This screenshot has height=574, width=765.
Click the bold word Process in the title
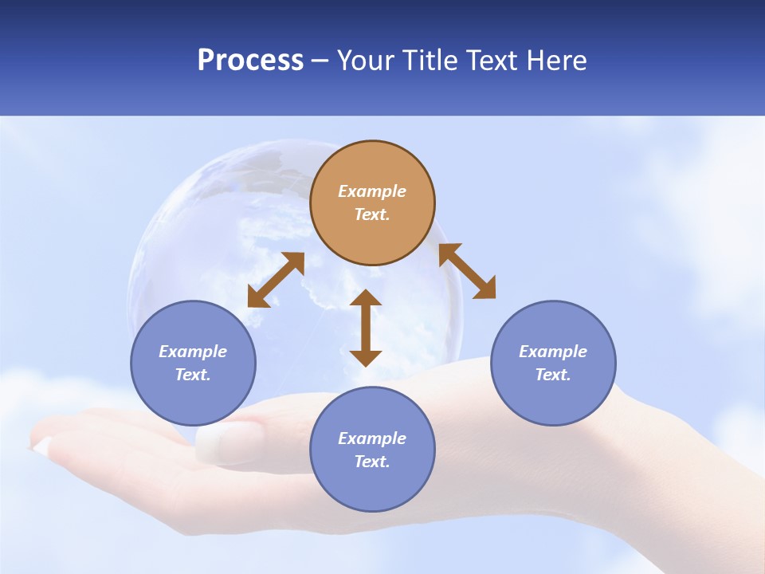coord(250,61)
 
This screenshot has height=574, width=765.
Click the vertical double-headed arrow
coord(366,328)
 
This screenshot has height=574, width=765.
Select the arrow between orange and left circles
coord(276,280)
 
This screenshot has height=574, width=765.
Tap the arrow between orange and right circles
coord(467,271)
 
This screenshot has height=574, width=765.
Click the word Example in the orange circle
coord(372,191)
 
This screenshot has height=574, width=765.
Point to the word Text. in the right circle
coord(553,375)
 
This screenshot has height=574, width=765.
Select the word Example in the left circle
coord(193,352)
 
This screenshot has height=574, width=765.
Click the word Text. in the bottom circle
coord(372,462)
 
